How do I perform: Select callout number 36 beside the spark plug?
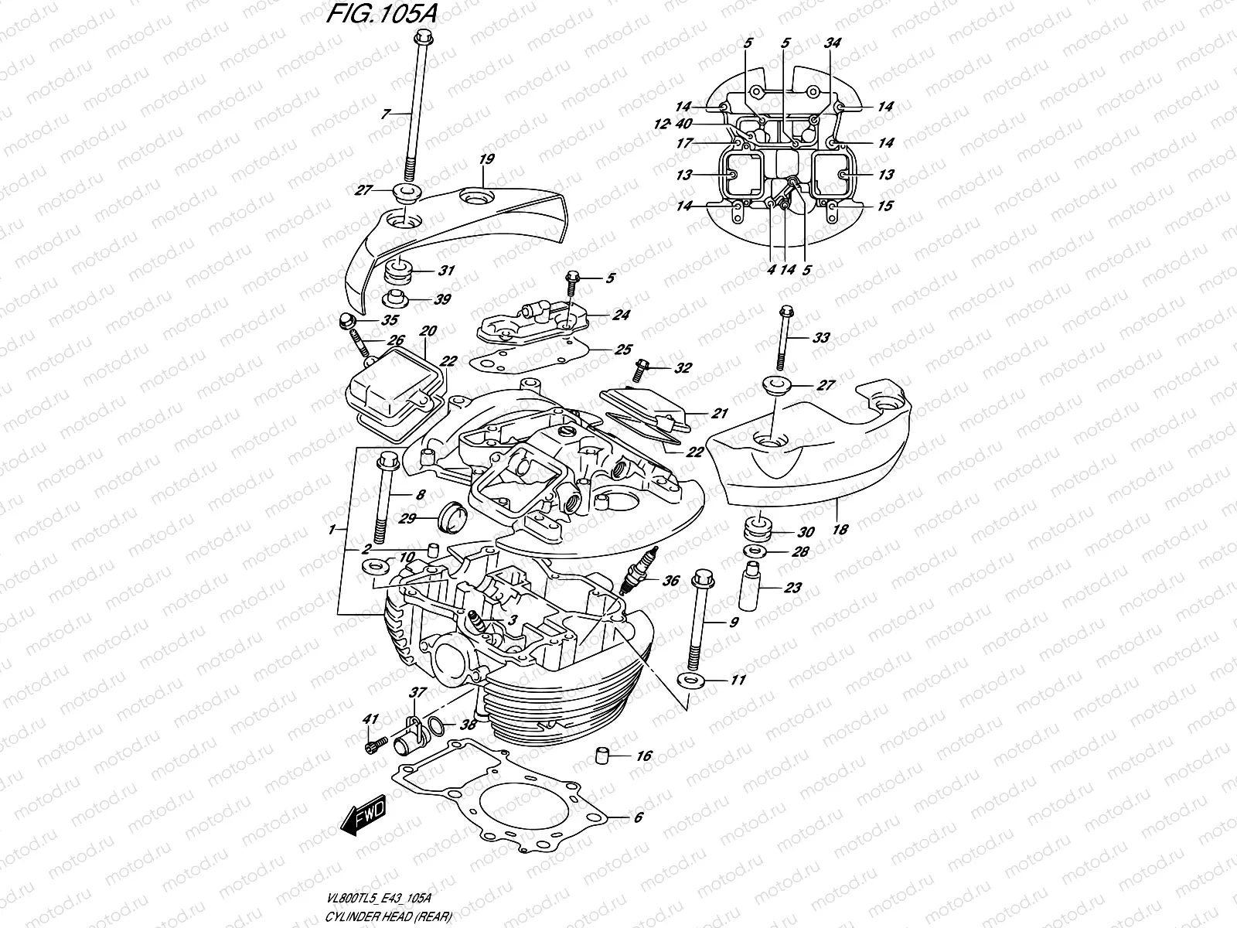point(670,580)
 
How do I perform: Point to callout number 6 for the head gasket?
point(637,817)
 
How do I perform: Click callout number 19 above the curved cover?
point(486,160)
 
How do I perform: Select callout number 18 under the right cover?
point(840,530)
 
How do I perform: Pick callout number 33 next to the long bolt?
point(820,337)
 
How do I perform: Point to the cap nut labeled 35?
point(347,320)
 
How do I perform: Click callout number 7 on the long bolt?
point(386,114)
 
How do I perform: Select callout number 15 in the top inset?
point(885,206)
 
